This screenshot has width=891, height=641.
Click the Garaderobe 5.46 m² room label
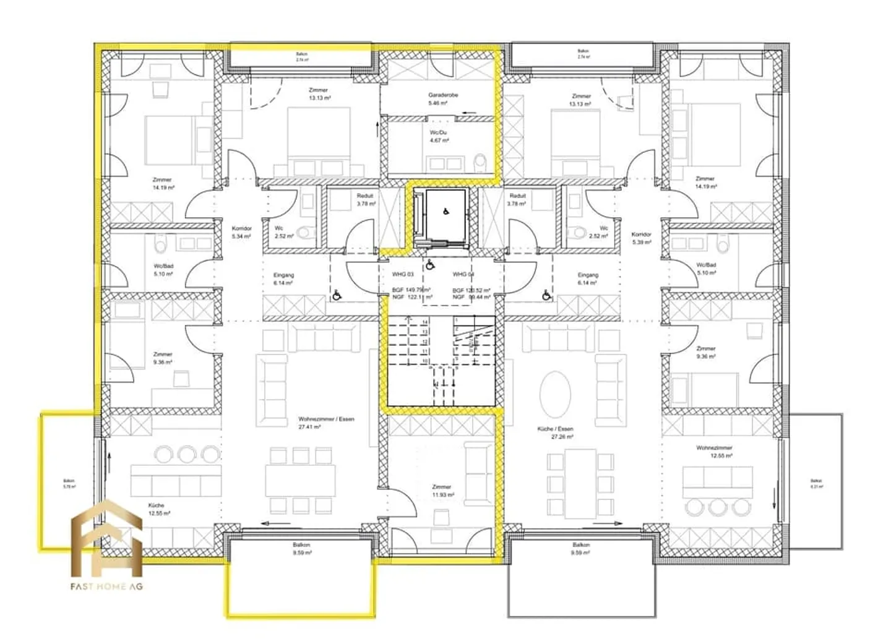coord(443,99)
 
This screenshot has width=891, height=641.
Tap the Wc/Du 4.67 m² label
coord(439,136)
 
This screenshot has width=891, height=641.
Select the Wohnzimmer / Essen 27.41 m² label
coord(326,423)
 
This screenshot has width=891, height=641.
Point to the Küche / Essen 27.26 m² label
coord(555,432)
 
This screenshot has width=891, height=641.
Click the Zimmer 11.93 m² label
coord(442,491)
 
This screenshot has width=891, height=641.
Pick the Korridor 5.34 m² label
coord(241,232)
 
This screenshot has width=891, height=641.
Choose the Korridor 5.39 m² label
coord(641,238)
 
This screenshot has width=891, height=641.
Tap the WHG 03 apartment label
coord(403,274)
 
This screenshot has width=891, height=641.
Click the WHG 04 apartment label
coord(463,274)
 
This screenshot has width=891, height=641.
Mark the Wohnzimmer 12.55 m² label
coord(714,451)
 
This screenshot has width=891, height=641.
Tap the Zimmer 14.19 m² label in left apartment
coord(163,183)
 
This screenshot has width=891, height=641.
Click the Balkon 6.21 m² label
coord(816,483)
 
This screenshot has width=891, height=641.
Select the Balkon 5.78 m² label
coord(69,483)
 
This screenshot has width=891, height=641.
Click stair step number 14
coord(424,322)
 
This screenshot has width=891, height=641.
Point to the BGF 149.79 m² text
coord(411,290)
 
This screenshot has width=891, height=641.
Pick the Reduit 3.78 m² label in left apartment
coord(365,199)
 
